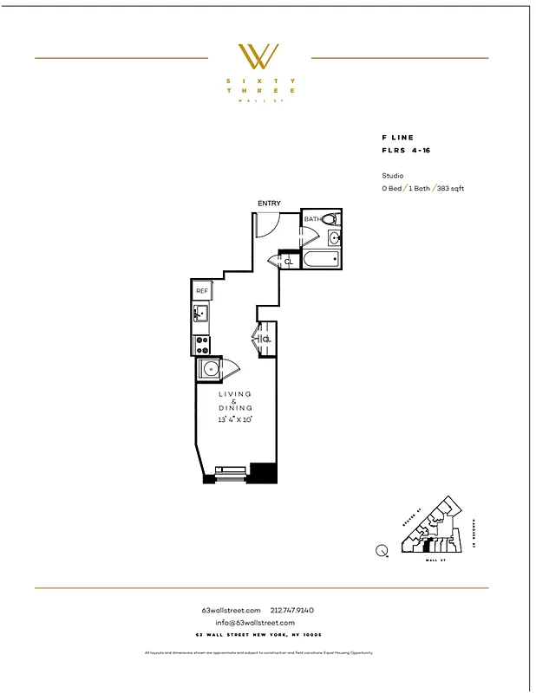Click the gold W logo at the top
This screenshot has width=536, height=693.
259,57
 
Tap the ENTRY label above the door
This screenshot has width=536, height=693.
269,204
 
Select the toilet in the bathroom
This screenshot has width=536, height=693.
330,219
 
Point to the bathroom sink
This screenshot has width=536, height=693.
335,239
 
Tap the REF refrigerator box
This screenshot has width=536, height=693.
201,291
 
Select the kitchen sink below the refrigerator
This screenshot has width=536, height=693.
201,313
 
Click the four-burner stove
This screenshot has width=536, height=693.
201,345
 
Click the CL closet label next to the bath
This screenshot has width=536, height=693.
288,261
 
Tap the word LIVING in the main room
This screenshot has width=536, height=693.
235,394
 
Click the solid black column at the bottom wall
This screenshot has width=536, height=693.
263,473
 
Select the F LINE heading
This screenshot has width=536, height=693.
398,138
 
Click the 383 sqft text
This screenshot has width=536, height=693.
451,188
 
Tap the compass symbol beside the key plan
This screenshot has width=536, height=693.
382,549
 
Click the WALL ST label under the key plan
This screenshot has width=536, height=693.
431,561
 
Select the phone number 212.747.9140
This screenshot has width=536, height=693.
292,611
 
